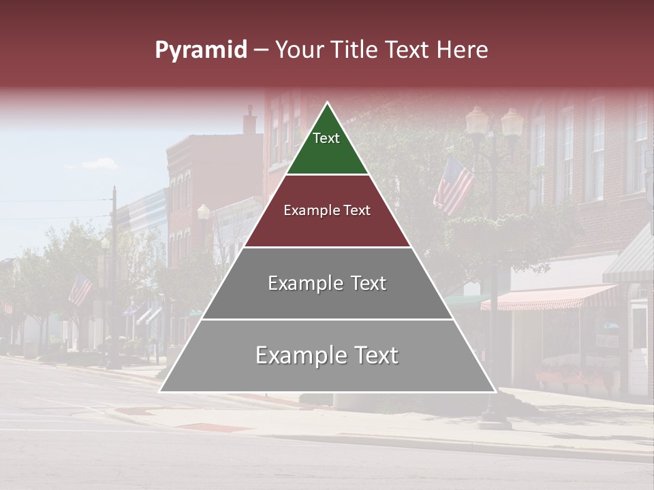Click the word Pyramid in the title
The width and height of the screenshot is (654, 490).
point(200,50)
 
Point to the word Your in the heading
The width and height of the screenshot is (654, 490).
point(300,50)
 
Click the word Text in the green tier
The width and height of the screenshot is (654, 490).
point(326,138)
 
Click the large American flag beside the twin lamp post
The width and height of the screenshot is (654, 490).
point(453,184)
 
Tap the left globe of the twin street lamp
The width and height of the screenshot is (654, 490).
point(477,120)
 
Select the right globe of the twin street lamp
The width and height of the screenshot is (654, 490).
point(512,121)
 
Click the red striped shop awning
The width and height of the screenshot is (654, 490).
point(548,297)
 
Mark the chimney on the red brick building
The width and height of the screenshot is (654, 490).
point(250,120)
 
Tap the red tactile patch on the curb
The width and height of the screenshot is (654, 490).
point(215,427)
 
